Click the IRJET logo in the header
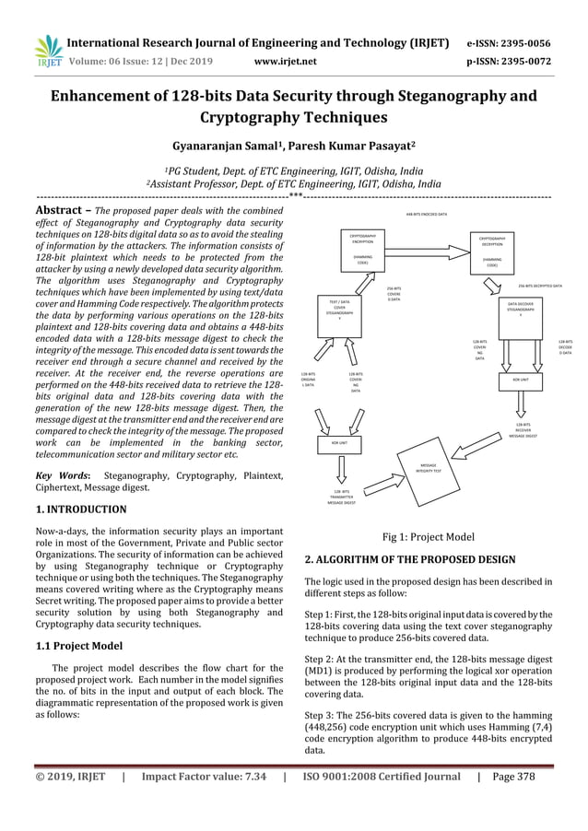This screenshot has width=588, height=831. (x=46, y=51)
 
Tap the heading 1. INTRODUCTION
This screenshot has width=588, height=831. (x=81, y=509)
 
